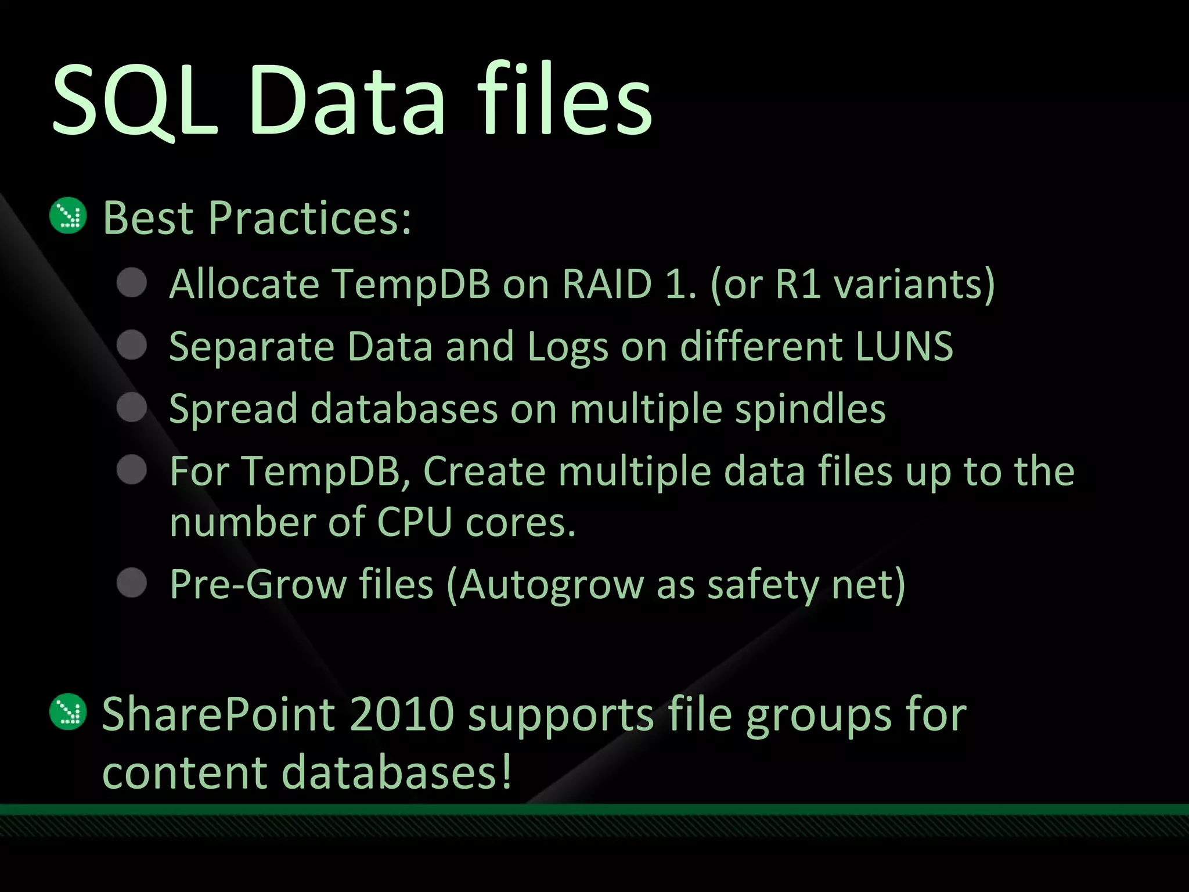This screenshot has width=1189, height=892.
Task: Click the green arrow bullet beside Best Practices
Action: (69, 217)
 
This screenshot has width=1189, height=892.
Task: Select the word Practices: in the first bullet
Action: (310, 218)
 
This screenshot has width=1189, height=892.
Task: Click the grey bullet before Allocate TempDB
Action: (132, 283)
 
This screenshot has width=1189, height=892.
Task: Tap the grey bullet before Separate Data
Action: (132, 346)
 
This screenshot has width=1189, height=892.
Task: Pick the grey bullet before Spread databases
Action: (132, 408)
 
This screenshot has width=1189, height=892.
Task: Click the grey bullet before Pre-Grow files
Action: (132, 582)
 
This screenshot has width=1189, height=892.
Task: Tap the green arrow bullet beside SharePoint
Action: (69, 713)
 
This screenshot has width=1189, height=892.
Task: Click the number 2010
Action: (402, 714)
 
